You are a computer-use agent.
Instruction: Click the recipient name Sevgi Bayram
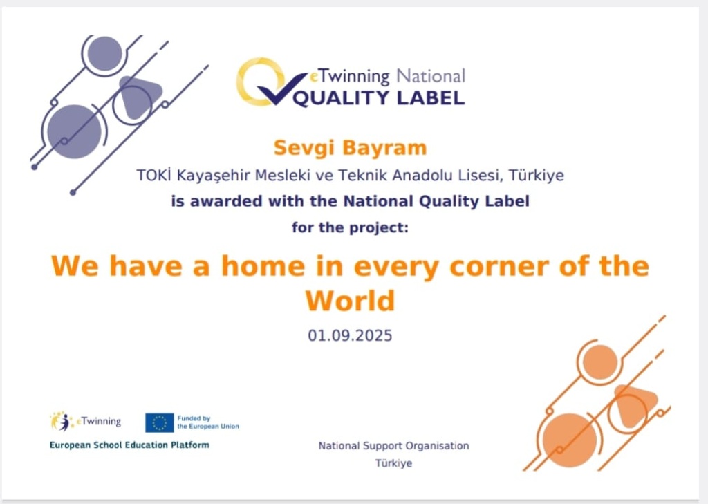350,148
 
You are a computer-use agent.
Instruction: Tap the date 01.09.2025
350,335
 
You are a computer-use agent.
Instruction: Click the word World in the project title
350,301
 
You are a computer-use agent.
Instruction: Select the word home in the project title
263,265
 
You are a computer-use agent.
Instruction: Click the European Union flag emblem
160,422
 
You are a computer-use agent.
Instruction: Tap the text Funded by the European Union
208,422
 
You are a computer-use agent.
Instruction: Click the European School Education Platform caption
129,445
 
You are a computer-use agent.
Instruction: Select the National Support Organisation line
393,446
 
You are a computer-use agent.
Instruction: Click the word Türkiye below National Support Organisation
393,463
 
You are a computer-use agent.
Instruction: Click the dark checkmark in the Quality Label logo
282,89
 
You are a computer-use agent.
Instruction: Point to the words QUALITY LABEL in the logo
379,98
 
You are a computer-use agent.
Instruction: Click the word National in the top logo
431,76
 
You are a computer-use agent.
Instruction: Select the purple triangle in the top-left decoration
138,95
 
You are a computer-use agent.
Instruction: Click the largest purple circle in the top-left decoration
75,131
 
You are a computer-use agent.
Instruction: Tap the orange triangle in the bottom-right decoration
634,405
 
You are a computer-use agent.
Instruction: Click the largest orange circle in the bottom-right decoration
570,440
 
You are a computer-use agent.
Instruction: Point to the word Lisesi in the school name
481,175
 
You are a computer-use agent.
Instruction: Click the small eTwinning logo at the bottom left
85,421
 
